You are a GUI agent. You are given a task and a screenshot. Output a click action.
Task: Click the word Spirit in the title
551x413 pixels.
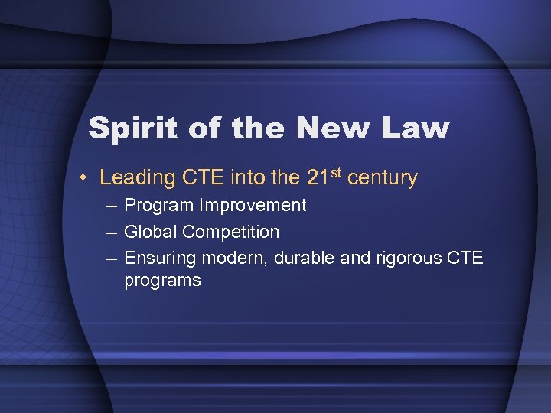pyautogui.click(x=131, y=128)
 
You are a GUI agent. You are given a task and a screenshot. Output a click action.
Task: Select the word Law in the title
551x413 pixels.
pyautogui.click(x=412, y=128)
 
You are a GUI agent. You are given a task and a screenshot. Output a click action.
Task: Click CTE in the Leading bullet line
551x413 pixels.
pyautogui.click(x=205, y=178)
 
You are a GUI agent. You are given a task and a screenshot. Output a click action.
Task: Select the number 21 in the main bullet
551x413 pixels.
pyautogui.click(x=317, y=178)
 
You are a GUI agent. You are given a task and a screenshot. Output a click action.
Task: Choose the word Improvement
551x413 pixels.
pyautogui.click(x=252, y=206)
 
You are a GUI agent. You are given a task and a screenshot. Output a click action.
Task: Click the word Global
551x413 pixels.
pyautogui.click(x=151, y=231)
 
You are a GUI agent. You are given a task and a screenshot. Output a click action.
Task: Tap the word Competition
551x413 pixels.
pyautogui.click(x=231, y=231)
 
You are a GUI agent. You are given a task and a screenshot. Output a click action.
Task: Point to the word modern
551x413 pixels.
pyautogui.click(x=230, y=258)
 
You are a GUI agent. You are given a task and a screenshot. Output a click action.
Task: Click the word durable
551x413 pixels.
pyautogui.click(x=302, y=257)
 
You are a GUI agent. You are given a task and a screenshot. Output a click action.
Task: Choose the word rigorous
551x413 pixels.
pyautogui.click(x=408, y=258)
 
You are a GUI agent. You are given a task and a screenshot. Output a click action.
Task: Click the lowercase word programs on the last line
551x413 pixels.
pyautogui.click(x=162, y=281)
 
